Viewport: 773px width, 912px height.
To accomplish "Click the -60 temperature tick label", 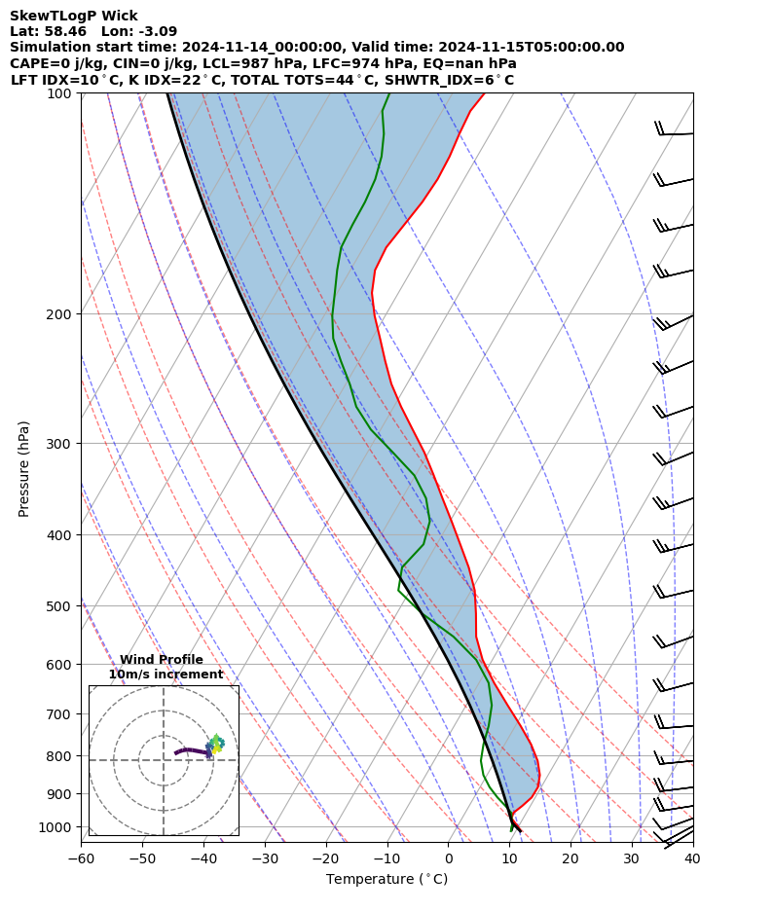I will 81,859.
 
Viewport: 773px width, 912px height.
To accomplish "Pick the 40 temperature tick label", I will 692,859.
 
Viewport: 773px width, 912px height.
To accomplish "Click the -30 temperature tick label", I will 265,859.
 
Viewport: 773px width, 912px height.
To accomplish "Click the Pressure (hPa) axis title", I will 24,468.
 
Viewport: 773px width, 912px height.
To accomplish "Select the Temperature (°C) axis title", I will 386,880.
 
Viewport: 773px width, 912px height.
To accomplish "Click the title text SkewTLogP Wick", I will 74,16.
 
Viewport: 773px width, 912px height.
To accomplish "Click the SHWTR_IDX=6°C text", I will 447,80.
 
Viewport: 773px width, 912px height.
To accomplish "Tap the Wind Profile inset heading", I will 162,660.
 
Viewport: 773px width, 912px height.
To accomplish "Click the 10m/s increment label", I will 166,675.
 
